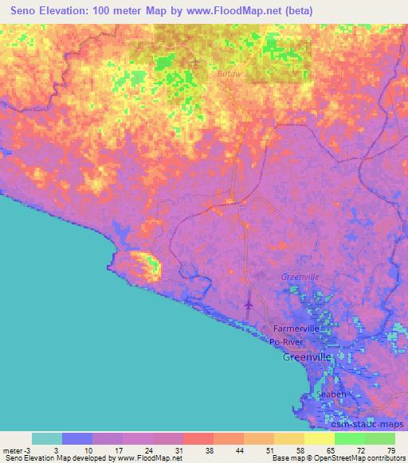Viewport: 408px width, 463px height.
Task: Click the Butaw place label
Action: pyautogui.click(x=206, y=73)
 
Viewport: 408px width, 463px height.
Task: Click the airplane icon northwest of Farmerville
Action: pyautogui.click(x=248, y=304)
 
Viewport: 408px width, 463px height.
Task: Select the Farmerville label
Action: pyautogui.click(x=296, y=328)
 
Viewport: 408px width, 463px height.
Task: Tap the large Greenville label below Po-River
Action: pyautogui.click(x=308, y=358)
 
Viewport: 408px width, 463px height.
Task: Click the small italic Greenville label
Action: pyautogui.click(x=300, y=277)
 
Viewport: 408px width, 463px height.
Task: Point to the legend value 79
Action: pyautogui.click(x=390, y=449)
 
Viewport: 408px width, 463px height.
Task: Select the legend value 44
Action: pyautogui.click(x=239, y=449)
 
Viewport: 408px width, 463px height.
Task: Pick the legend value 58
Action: pyautogui.click(x=299, y=449)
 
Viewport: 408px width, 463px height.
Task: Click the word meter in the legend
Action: pyautogui.click(x=14, y=449)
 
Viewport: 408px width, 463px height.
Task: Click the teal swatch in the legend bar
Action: pyautogui.click(x=47, y=438)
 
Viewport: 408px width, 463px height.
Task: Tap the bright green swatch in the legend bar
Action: pyautogui.click(x=350, y=438)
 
